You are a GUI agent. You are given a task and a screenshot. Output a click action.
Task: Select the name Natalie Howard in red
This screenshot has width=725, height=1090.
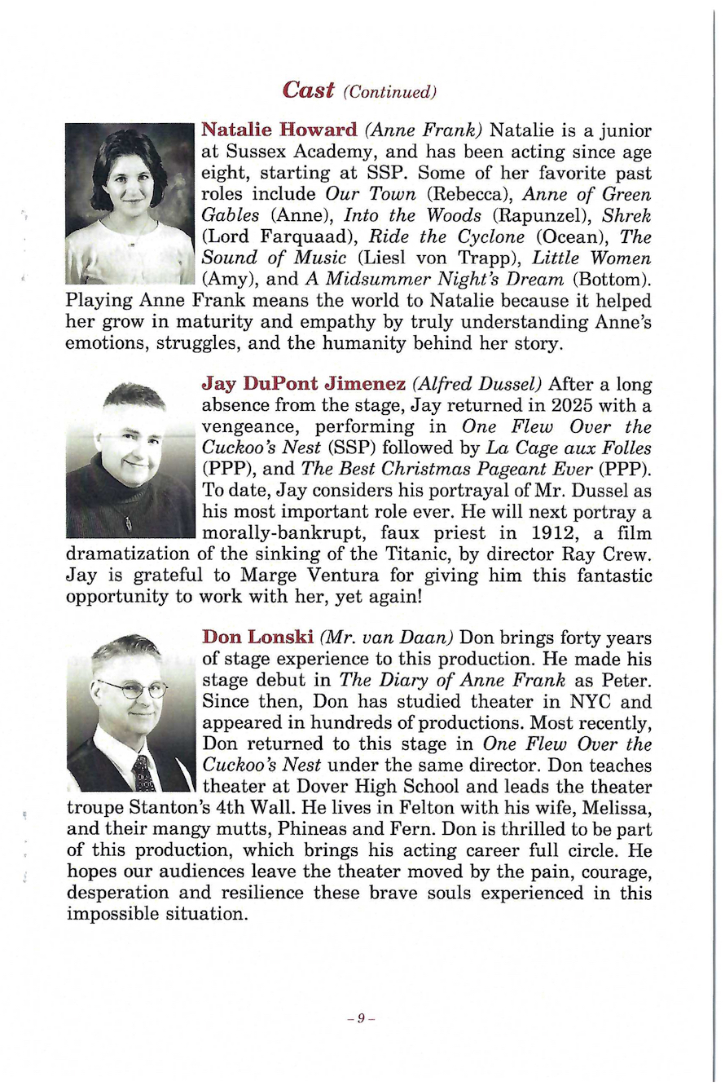click(x=279, y=130)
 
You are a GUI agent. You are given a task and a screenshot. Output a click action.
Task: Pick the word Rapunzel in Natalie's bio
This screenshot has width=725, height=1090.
click(x=501, y=218)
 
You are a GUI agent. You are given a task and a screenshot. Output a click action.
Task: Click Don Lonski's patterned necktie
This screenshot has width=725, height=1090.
click(x=144, y=772)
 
